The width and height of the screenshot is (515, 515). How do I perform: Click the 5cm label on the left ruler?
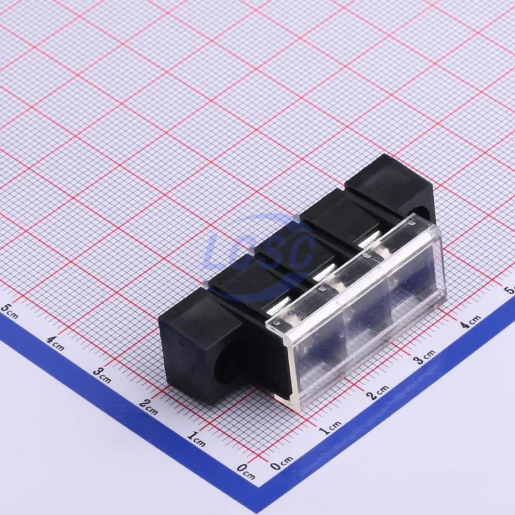click(x=10, y=311)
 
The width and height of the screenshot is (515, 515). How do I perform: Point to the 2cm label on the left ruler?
click(x=149, y=407)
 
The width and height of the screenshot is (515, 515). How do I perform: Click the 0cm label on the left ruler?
click(x=246, y=472)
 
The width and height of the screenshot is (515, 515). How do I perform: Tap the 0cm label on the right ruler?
click(x=282, y=463)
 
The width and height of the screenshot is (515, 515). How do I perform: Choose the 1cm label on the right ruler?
click(x=331, y=428)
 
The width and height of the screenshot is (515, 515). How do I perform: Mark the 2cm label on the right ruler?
click(x=378, y=393)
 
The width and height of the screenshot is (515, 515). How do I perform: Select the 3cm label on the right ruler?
click(x=424, y=357)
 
